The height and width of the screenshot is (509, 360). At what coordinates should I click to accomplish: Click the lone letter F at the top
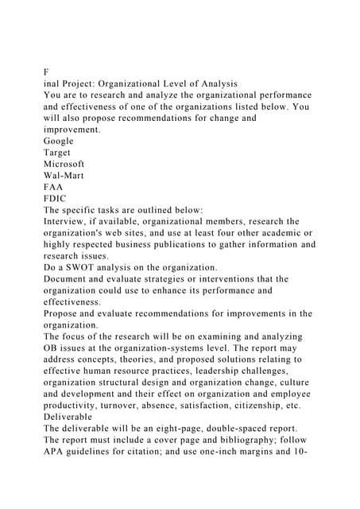(x=47, y=70)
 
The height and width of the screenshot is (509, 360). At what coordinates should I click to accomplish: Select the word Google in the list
(x=60, y=139)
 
